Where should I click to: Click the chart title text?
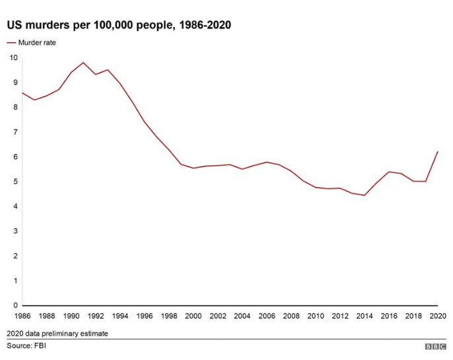pyautogui.click(x=119, y=25)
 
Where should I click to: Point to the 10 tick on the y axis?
pyautogui.click(x=14, y=57)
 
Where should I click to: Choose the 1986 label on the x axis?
pyautogui.click(x=22, y=316)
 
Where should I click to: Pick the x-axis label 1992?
pyautogui.click(x=96, y=316)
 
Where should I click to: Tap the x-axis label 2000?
pyautogui.click(x=193, y=316)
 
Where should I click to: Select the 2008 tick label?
pyautogui.click(x=291, y=316)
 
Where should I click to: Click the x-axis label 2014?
pyautogui.click(x=364, y=316)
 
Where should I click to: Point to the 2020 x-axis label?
pyautogui.click(x=437, y=316)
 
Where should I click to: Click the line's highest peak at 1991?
pyautogui.click(x=83, y=63)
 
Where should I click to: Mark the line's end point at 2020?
pyautogui.click(x=438, y=152)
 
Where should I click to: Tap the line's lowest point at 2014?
pyautogui.click(x=364, y=195)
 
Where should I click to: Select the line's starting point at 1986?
pyautogui.click(x=22, y=92)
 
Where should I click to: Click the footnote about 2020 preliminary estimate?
pyautogui.click(x=57, y=334)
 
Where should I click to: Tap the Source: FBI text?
pyautogui.click(x=27, y=345)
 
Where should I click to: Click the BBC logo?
pyautogui.click(x=435, y=346)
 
